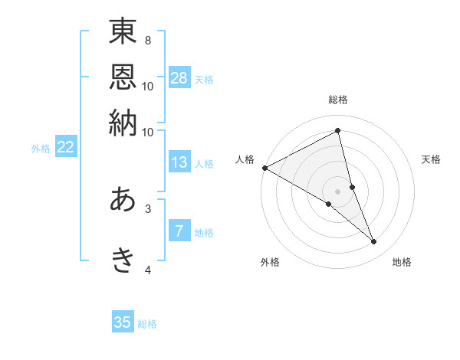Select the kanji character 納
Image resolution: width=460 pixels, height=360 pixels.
pyautogui.click(x=123, y=123)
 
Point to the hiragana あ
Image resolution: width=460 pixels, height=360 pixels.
pyautogui.click(x=123, y=200)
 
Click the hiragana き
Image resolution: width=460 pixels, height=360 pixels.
pyautogui.click(x=123, y=260)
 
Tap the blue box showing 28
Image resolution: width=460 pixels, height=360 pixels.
pyautogui.click(x=179, y=77)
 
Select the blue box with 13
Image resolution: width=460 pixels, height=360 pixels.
pyautogui.click(x=179, y=162)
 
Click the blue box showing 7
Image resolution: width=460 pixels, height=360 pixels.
pyautogui.click(x=179, y=231)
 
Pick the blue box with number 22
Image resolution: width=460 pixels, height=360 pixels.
pyautogui.click(x=66, y=147)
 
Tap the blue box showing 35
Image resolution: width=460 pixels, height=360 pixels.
pyautogui.click(x=123, y=322)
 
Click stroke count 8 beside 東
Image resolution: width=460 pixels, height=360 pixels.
pyautogui.click(x=148, y=39)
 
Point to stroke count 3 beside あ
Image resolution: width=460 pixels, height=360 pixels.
pyautogui.click(x=148, y=208)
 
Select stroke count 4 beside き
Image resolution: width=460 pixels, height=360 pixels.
pyautogui.click(x=148, y=270)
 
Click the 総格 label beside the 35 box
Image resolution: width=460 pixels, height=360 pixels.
pyautogui.click(x=147, y=324)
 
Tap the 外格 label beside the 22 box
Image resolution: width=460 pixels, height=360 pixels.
pyautogui.click(x=41, y=149)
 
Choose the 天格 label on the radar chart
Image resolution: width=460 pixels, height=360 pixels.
pyautogui.click(x=432, y=159)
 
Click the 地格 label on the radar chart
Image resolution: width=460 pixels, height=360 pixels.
pyautogui.click(x=402, y=262)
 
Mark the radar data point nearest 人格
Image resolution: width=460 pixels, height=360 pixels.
pyautogui.click(x=265, y=168)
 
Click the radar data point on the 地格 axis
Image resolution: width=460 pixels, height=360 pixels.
pyautogui.click(x=374, y=241)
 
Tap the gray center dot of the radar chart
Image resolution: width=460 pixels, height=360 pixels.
pyautogui.click(x=337, y=191)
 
